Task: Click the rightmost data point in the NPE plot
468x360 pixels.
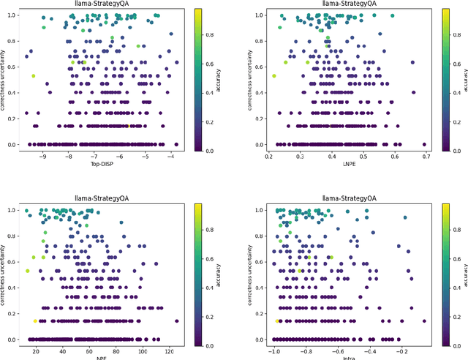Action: pos(176,321)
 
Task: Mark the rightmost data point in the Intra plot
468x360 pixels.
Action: pos(423,321)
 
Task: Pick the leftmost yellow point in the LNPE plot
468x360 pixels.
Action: pos(273,76)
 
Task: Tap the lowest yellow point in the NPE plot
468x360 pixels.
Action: pos(35,321)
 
